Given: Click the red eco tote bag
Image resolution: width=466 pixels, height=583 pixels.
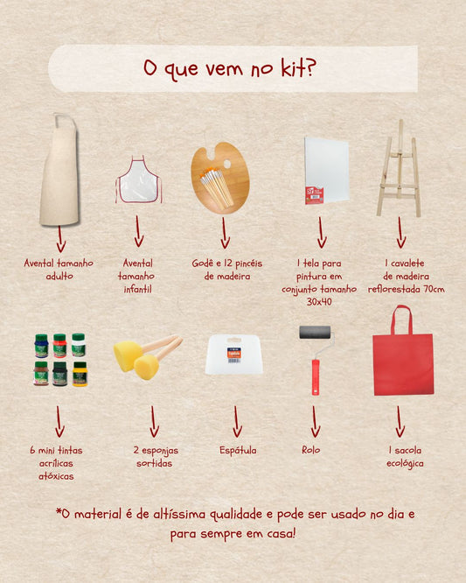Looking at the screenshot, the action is point(403,362).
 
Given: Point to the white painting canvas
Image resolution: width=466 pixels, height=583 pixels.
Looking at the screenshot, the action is point(327,171).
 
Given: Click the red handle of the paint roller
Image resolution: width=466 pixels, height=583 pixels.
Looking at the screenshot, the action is point(316,377).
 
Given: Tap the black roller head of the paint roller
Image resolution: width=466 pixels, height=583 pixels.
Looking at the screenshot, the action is point(315,333).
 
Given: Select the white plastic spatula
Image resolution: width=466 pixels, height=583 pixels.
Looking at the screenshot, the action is point(234,355).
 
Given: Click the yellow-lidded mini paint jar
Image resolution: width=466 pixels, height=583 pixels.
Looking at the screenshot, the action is point(80,374).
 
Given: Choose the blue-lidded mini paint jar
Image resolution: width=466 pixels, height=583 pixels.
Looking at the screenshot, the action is point(41,346).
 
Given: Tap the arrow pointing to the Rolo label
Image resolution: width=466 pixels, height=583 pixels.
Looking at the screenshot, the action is point(315,421).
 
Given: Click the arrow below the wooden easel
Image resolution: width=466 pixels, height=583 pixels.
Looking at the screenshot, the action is point(400,232).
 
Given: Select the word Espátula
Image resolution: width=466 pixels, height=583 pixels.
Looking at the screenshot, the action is point(238,450).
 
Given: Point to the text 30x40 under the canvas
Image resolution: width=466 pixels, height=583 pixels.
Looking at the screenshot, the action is point(319,301).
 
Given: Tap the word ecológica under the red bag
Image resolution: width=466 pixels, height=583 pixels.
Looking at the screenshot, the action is point(405,464).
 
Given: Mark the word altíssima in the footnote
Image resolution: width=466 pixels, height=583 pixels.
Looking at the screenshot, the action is point(179,514).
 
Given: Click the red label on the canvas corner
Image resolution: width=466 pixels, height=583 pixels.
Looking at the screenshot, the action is point(314,195).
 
